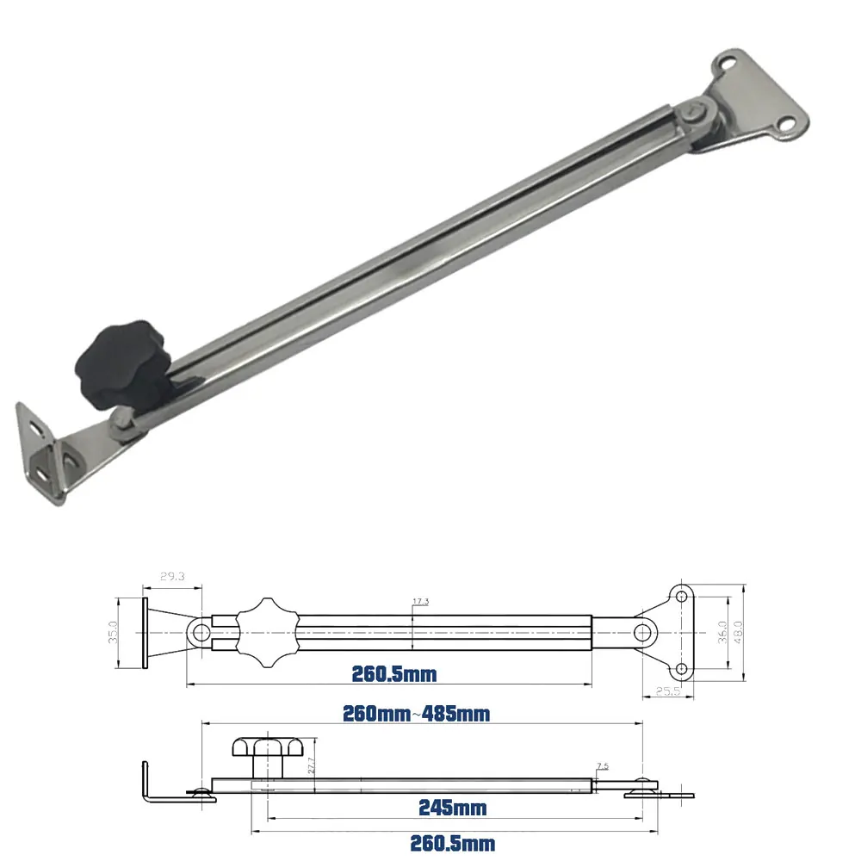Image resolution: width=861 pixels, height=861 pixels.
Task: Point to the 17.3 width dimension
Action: pos(422,601)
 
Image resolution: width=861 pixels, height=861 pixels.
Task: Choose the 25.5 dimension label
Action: pos(666,690)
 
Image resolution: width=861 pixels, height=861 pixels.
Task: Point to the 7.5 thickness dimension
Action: pos(602,765)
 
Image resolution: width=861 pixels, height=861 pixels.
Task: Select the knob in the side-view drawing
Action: pos(263,755)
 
